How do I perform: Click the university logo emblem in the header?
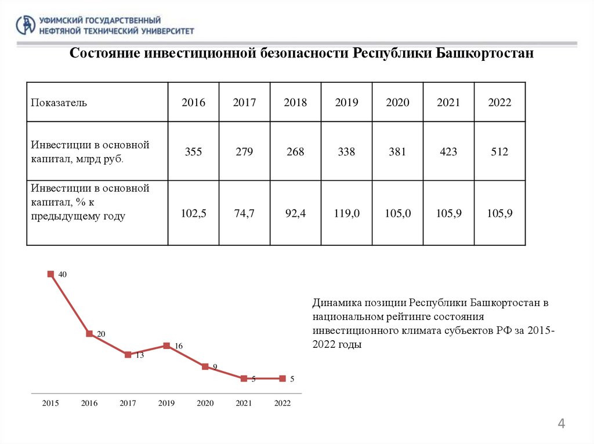click(x=25, y=24)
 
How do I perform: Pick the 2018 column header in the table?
click(x=295, y=103)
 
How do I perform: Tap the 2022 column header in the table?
click(x=499, y=103)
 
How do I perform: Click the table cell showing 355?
click(x=193, y=152)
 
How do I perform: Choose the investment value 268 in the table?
click(x=295, y=152)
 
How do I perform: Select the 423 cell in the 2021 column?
click(x=448, y=152)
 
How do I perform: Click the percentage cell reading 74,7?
click(x=244, y=213)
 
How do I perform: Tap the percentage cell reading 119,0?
click(x=347, y=213)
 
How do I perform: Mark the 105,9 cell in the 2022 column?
click(x=499, y=213)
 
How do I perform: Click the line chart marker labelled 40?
click(x=50, y=274)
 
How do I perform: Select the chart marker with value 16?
click(x=166, y=345)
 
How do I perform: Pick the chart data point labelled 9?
click(x=205, y=366)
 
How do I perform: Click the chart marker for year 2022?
click(x=282, y=379)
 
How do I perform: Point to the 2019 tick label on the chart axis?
click(x=166, y=403)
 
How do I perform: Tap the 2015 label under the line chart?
click(x=50, y=403)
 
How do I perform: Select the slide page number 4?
click(x=561, y=424)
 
